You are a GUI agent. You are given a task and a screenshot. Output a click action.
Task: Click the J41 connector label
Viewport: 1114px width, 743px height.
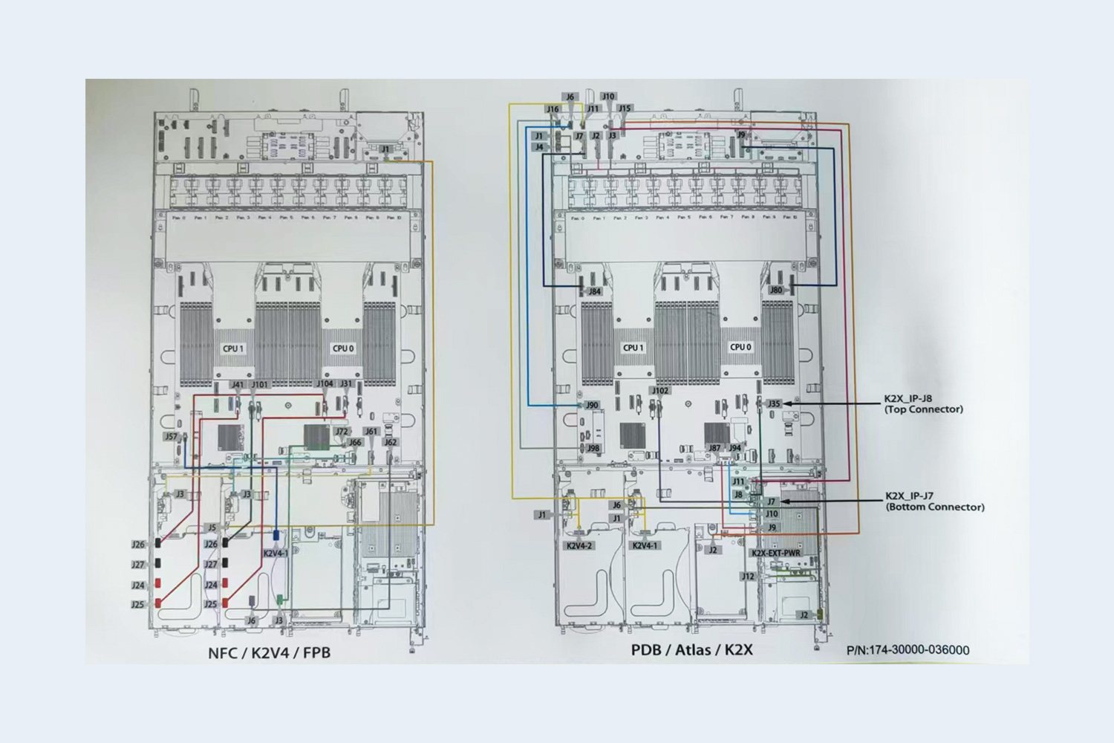click(237, 385)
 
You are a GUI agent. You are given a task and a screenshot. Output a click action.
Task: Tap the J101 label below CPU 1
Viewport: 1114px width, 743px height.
click(260, 385)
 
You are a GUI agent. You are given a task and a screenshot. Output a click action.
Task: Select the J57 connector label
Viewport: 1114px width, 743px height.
click(172, 437)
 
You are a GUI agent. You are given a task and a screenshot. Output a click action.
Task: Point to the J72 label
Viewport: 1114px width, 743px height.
click(342, 432)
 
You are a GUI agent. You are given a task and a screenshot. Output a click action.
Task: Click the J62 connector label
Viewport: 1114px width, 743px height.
click(391, 442)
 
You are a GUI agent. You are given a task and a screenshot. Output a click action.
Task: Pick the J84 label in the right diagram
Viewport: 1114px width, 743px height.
click(594, 292)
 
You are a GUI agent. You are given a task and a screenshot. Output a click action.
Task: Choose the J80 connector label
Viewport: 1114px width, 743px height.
click(776, 291)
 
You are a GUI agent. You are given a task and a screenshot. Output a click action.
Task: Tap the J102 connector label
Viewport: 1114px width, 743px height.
click(659, 391)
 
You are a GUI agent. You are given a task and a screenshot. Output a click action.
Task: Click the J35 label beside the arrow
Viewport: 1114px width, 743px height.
click(775, 404)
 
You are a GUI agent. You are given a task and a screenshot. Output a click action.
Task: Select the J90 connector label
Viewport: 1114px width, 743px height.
click(592, 406)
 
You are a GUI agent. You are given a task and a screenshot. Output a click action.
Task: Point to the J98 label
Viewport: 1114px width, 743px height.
click(593, 449)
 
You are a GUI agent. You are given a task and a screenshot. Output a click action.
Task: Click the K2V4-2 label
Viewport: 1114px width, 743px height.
click(580, 546)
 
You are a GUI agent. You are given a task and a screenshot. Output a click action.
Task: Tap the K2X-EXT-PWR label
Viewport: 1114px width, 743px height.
click(776, 554)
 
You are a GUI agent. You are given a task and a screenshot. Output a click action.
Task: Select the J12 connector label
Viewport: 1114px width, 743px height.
click(748, 577)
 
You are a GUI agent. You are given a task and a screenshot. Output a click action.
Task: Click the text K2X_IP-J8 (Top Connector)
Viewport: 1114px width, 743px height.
click(923, 403)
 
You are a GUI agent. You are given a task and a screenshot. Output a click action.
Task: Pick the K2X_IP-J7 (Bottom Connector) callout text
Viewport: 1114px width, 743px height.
click(934, 502)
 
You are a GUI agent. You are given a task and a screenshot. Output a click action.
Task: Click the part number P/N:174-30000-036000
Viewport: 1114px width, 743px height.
click(908, 650)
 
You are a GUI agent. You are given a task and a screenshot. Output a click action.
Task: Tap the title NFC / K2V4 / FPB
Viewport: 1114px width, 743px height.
click(269, 653)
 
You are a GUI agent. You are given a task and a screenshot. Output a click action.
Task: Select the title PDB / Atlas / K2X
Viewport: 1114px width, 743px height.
click(691, 650)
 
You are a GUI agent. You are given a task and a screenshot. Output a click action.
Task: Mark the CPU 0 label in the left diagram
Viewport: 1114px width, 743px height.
click(343, 348)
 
